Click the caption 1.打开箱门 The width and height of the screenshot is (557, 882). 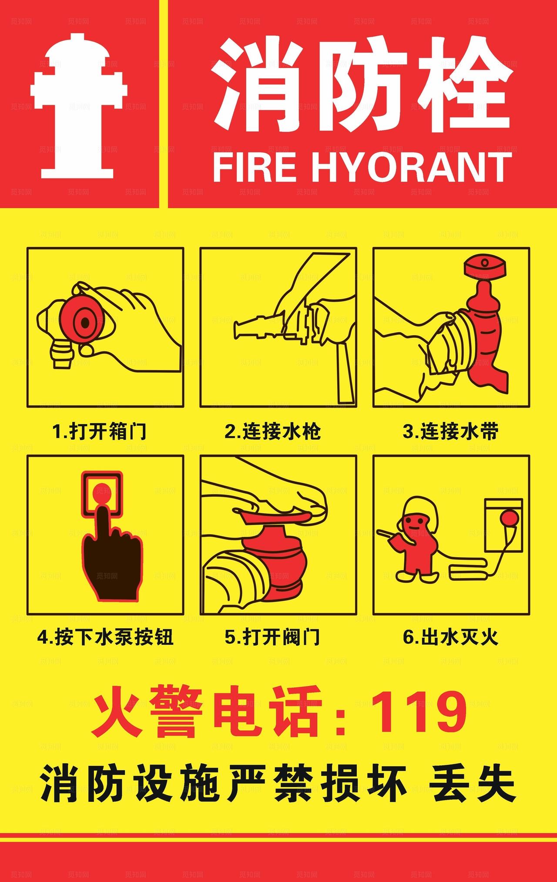(x=99, y=432)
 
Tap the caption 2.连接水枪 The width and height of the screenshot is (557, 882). (x=273, y=432)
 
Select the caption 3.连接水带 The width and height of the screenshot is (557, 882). (x=450, y=432)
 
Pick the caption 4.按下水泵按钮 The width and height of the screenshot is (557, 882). (x=105, y=638)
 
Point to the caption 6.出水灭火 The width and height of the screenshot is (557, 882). (x=450, y=638)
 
